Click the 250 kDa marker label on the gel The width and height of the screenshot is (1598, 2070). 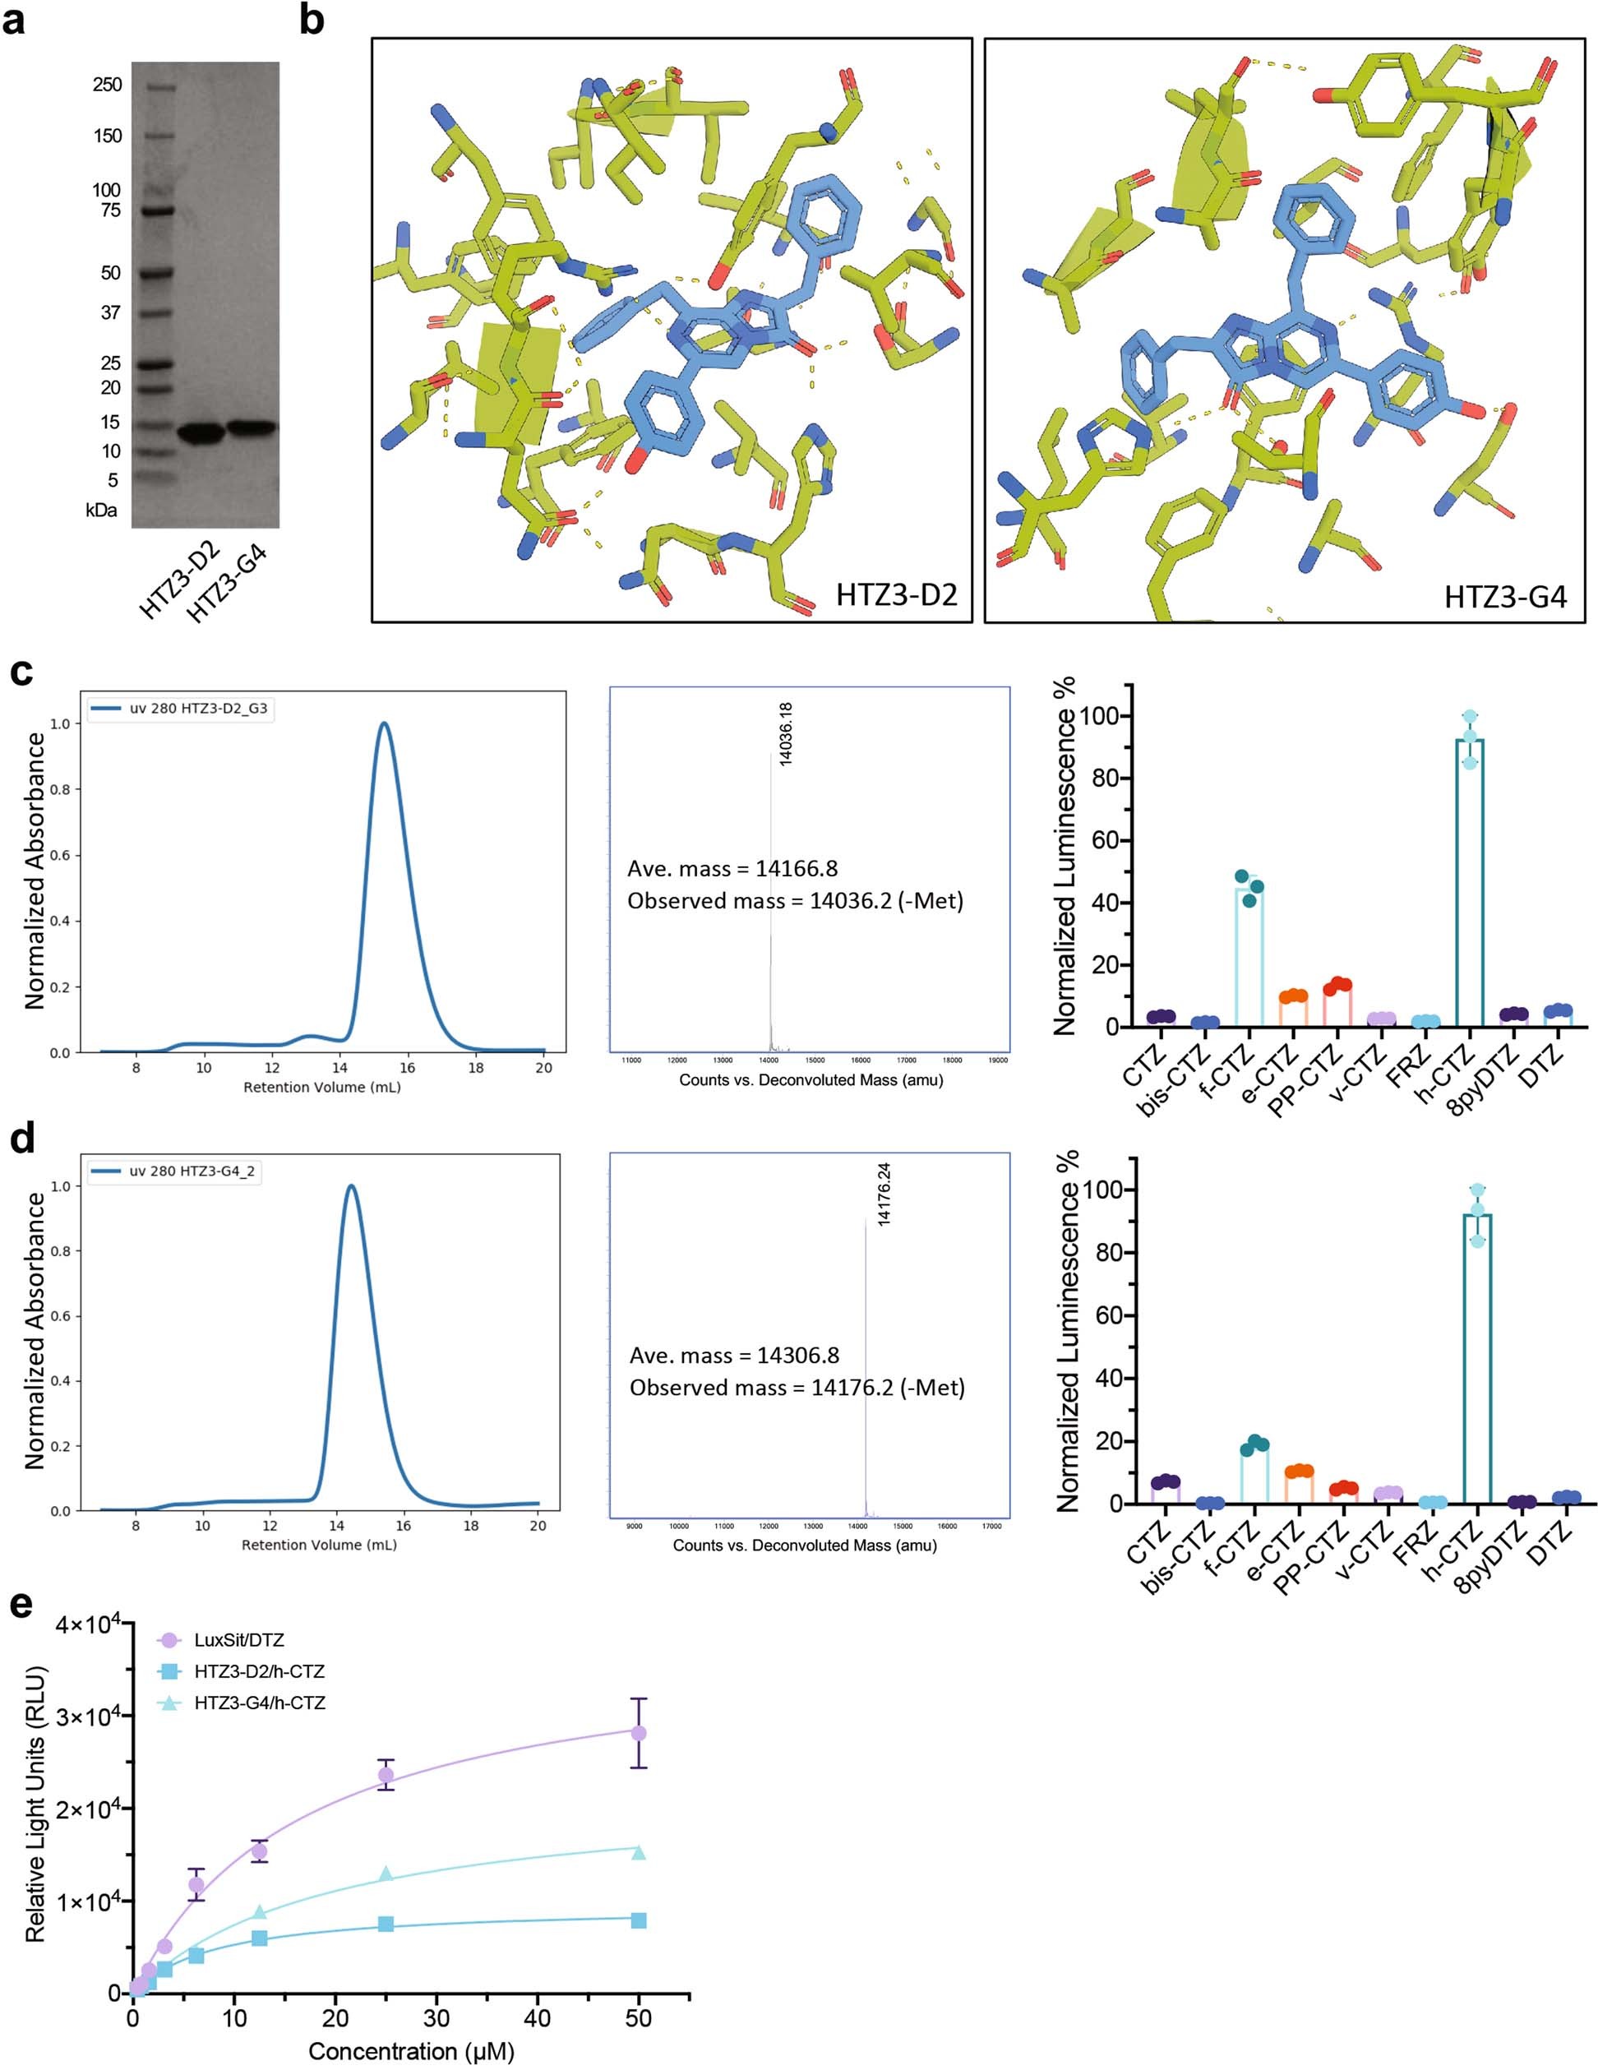click(x=107, y=85)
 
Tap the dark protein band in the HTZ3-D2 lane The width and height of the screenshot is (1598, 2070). click(x=200, y=432)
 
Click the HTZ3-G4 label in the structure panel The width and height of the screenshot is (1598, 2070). click(x=1504, y=596)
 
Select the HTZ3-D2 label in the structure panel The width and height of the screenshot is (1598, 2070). click(x=896, y=594)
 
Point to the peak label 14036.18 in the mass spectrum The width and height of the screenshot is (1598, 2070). click(x=785, y=735)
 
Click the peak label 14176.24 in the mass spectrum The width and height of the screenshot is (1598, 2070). click(x=884, y=1195)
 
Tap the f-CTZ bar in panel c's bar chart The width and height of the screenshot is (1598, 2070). click(x=1249, y=957)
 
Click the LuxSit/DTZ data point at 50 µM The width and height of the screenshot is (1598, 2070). click(x=638, y=1733)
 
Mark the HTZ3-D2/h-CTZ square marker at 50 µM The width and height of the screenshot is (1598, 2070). click(x=638, y=1920)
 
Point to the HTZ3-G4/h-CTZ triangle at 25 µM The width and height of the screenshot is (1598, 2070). click(x=386, y=1873)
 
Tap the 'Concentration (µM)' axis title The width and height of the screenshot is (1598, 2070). click(x=410, y=2051)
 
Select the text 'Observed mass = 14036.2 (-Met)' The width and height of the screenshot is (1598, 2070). click(x=794, y=900)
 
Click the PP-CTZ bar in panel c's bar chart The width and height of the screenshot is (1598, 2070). click(x=1337, y=1005)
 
